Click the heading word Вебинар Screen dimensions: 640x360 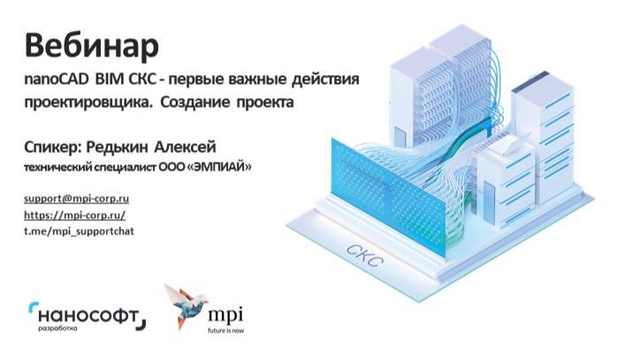point(91,46)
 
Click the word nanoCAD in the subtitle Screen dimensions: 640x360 point(57,79)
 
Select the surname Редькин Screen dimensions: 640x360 point(117,147)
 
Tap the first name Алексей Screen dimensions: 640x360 point(185,147)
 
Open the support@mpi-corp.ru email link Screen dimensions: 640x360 point(77,199)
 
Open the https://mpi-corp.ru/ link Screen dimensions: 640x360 point(74,215)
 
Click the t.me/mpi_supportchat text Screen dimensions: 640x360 point(80,231)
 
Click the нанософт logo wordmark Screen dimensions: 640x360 point(88,316)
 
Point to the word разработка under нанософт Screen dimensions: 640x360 point(57,328)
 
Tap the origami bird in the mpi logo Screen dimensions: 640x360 point(187,305)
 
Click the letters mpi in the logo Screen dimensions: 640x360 point(225,315)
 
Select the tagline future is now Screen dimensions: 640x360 point(225,330)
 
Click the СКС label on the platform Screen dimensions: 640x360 point(364,256)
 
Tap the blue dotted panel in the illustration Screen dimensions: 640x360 point(387,196)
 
